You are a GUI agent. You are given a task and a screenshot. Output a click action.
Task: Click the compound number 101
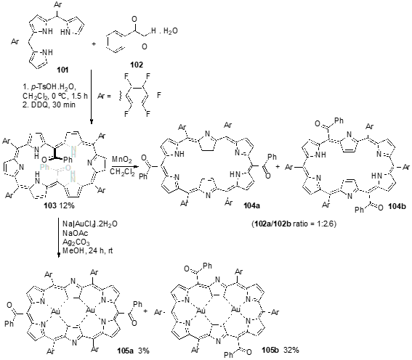click(62, 70)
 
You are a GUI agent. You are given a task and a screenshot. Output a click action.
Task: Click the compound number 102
click(137, 65)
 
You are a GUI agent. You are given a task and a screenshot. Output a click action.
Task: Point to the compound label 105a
click(125, 351)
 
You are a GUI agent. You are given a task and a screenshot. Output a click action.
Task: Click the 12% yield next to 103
click(67, 205)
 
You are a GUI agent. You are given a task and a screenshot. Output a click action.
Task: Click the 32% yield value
click(291, 350)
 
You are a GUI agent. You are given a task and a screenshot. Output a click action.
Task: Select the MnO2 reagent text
click(121, 160)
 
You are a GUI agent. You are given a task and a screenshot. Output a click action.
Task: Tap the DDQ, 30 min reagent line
click(49, 105)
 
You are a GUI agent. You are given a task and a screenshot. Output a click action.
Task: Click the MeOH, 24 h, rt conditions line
click(88, 251)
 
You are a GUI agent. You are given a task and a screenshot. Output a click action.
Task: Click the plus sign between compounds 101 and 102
click(94, 44)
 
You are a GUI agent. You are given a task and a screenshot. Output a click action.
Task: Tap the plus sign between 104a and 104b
click(278, 166)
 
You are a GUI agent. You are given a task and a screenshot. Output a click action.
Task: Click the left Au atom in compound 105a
click(56, 312)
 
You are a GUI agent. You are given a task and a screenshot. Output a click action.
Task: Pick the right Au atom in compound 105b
click(235, 310)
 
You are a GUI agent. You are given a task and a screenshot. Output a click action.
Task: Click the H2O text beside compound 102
click(170, 31)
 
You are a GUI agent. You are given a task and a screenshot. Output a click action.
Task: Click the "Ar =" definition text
click(104, 96)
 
